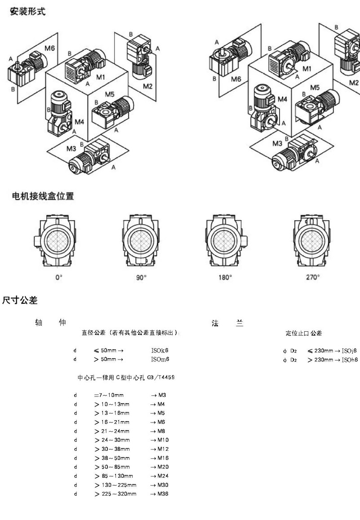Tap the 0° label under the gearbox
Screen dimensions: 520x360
tap(58, 278)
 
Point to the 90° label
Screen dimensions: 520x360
tap(141, 278)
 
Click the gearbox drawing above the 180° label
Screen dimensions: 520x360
tap(224, 240)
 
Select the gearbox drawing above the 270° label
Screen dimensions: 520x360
tap(311, 240)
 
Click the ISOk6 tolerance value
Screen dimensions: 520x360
tap(160, 350)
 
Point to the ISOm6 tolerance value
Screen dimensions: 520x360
tap(160, 359)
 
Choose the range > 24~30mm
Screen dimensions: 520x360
tap(112, 440)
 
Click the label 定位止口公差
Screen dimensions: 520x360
tap(304, 333)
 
